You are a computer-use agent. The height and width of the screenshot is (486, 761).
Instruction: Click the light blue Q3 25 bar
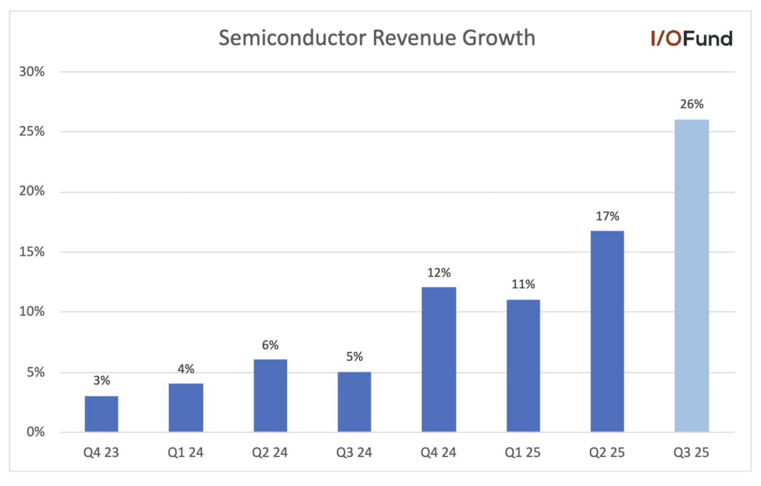[x=692, y=275]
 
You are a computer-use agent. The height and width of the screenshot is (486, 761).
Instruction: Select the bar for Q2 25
[x=607, y=331]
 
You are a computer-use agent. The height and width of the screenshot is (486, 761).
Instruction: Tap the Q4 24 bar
[x=439, y=359]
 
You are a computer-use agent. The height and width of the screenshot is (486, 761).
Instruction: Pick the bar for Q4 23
[x=101, y=414]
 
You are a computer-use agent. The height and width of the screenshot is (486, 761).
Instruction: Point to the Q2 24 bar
[x=270, y=395]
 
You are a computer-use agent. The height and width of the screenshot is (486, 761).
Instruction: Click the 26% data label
[x=692, y=104]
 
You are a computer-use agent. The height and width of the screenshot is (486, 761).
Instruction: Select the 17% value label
[x=607, y=216]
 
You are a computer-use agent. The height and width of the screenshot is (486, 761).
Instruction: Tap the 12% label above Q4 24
[x=439, y=272]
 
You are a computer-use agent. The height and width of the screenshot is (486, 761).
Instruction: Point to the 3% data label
[x=101, y=381]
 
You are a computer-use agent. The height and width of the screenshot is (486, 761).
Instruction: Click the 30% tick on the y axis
[x=31, y=71]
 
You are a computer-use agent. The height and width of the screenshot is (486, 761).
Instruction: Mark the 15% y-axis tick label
[x=31, y=252]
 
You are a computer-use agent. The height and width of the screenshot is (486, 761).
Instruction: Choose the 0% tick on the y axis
[x=35, y=432]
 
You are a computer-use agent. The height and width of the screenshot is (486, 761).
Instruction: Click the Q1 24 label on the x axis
[x=185, y=453]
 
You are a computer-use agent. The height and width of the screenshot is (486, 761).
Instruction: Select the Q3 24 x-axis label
[x=354, y=453]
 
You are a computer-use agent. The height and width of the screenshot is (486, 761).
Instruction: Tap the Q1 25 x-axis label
[x=522, y=453]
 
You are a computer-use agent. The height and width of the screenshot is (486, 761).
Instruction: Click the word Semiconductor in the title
[x=292, y=37]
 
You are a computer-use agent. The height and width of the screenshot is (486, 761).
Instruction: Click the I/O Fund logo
[x=692, y=38]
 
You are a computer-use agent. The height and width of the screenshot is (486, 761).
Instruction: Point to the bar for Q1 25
[x=523, y=366]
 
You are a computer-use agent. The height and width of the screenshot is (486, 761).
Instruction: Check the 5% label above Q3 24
[x=354, y=356]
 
